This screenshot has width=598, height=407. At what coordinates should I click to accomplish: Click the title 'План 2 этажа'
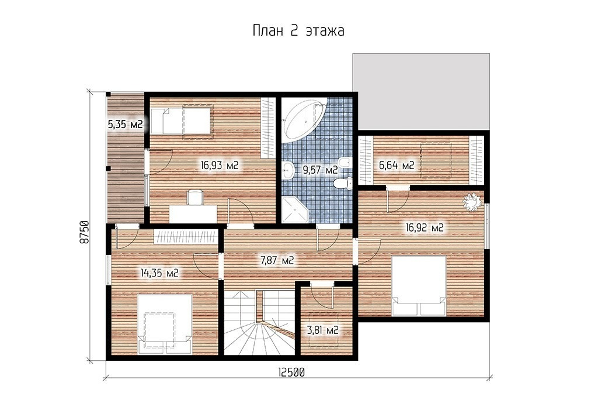(298, 30)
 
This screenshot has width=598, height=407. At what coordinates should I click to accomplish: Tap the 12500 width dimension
(291, 372)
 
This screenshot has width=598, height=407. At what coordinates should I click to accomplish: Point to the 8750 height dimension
(84, 232)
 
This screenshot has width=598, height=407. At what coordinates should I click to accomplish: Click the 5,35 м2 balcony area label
(125, 124)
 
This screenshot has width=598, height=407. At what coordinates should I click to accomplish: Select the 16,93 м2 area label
(220, 165)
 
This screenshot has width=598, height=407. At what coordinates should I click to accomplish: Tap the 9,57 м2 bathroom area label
(321, 170)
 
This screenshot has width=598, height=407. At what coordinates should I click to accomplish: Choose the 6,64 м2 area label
(397, 165)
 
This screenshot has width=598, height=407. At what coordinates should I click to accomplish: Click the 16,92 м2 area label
(425, 228)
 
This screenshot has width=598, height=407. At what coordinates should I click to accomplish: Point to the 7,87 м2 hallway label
(277, 260)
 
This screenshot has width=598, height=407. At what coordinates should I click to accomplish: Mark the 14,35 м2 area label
(159, 273)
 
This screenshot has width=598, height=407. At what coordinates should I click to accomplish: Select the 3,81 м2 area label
(322, 330)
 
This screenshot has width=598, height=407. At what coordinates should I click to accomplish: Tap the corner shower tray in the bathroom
(295, 209)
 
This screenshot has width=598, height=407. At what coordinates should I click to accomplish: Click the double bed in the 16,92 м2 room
(419, 285)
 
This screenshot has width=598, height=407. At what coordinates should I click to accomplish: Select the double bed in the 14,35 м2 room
(164, 324)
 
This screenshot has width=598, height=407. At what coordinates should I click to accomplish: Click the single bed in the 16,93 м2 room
(181, 120)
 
